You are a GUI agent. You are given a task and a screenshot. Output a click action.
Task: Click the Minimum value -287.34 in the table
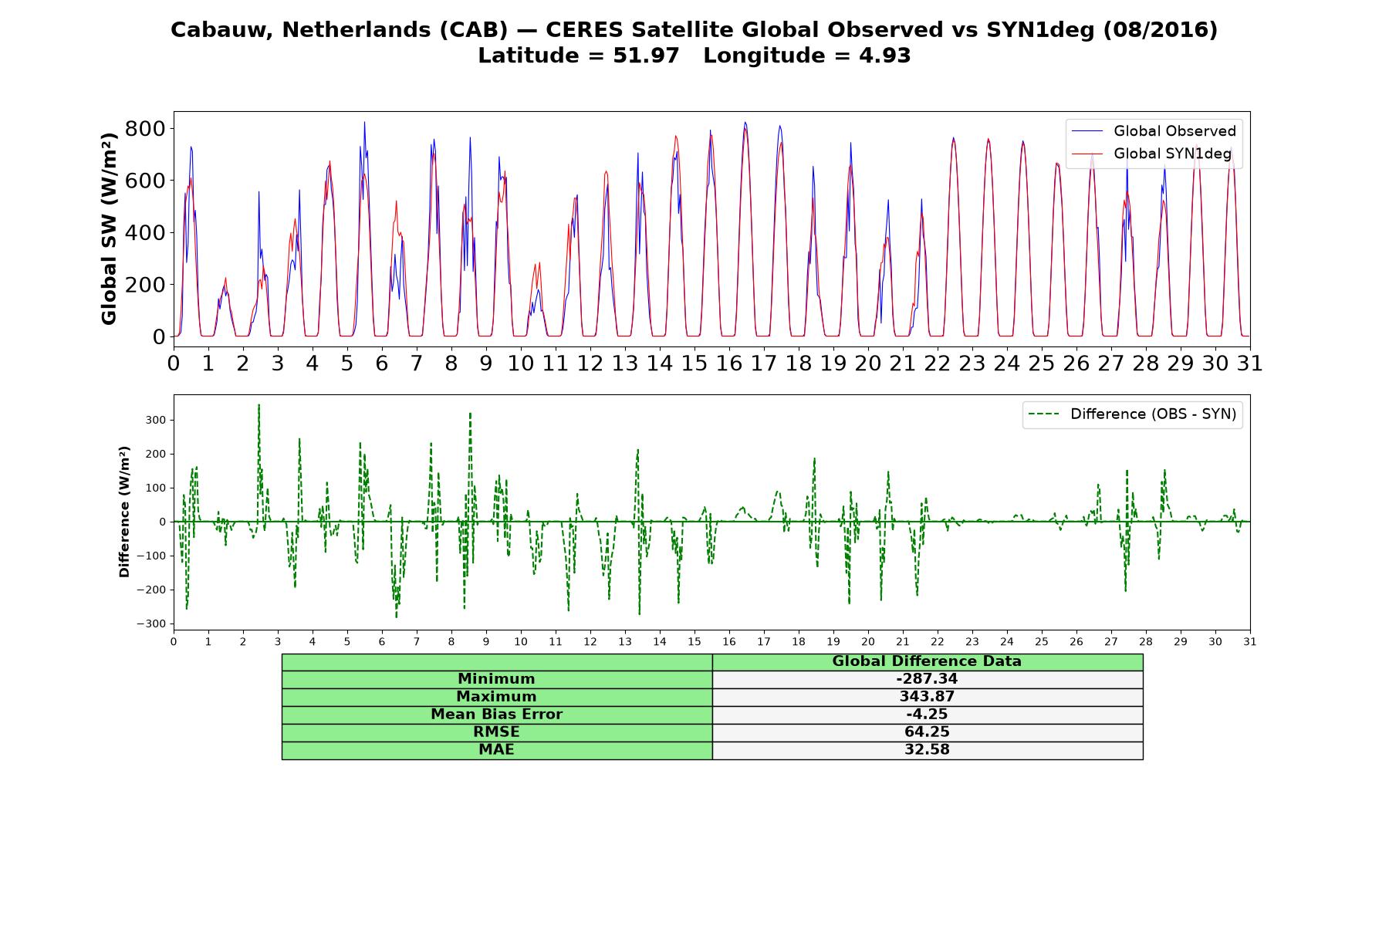[x=927, y=679]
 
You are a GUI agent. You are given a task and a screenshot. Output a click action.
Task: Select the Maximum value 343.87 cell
[x=927, y=697]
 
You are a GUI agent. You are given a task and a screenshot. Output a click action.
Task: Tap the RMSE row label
[x=496, y=732]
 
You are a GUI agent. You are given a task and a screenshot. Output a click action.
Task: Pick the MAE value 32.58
[x=927, y=750]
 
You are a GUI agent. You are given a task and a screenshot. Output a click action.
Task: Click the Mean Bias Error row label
[x=496, y=715]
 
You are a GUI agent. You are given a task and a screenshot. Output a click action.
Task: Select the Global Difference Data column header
[x=927, y=661]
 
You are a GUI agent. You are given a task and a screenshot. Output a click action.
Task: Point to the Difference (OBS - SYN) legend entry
[x=1133, y=414]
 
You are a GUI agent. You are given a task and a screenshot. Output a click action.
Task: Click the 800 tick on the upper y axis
[x=145, y=128]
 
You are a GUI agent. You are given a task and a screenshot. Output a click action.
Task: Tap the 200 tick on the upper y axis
[x=145, y=285]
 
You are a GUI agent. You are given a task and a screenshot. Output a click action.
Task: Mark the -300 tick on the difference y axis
[x=151, y=624]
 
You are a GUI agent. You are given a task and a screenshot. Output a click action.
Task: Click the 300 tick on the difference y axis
[x=156, y=421]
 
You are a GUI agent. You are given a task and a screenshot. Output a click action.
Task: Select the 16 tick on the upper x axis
[x=729, y=363]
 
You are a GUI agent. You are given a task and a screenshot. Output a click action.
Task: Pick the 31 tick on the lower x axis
[x=1250, y=642]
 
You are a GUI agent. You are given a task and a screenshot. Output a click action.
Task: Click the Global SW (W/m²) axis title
[x=109, y=228]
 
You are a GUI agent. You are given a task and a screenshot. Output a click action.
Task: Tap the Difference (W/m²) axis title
[x=124, y=512]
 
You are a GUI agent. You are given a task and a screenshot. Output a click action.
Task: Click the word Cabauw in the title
[x=222, y=30]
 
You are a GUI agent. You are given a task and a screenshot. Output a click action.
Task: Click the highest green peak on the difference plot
[x=259, y=404]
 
